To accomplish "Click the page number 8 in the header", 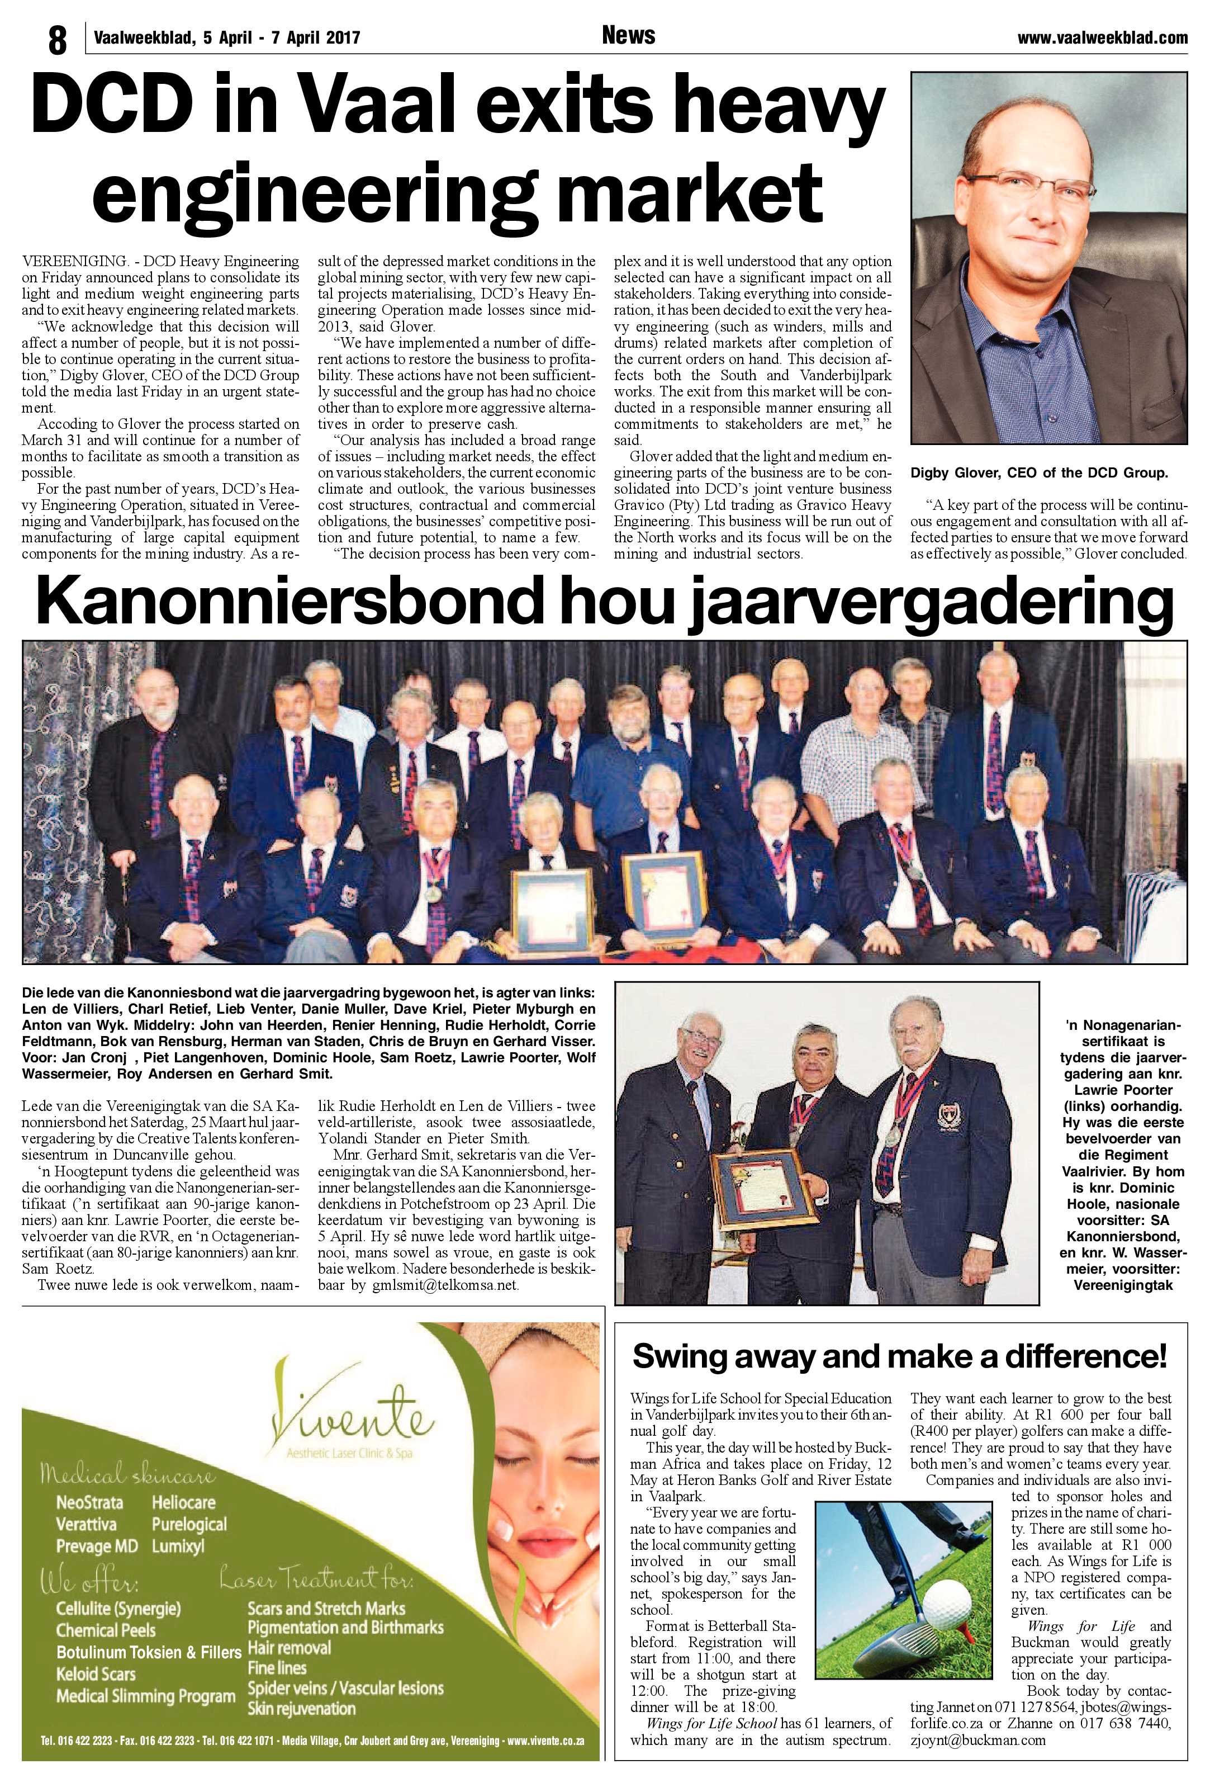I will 58,40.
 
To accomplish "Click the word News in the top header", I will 628,35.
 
